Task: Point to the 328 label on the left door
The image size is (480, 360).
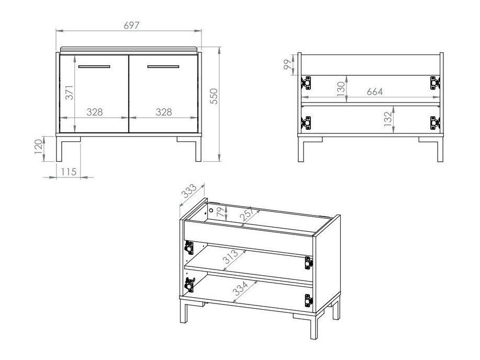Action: click(x=94, y=112)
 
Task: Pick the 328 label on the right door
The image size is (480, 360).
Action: click(x=164, y=112)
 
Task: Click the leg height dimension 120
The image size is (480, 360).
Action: click(x=37, y=148)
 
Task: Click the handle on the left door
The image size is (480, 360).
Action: click(x=94, y=67)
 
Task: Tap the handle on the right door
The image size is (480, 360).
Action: click(x=163, y=67)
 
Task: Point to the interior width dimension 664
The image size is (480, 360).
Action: click(x=374, y=92)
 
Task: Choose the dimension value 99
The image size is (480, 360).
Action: click(x=287, y=65)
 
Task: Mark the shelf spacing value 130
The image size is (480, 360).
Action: click(x=340, y=89)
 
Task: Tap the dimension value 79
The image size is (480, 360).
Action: click(x=220, y=213)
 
